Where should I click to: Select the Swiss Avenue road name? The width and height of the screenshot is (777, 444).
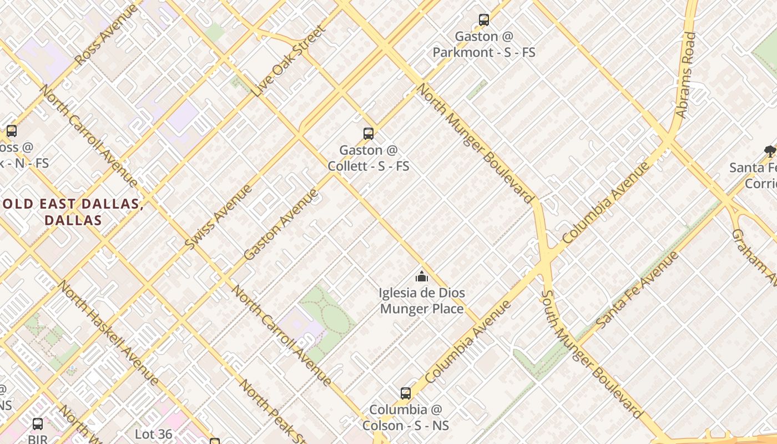tap(218, 217)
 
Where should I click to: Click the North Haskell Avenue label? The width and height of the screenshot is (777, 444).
tap(108, 333)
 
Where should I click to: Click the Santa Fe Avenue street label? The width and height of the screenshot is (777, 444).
tap(637, 290)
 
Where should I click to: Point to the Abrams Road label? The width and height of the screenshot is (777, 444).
tap(685, 75)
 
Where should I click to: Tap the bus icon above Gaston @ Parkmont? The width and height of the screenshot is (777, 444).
tap(484, 20)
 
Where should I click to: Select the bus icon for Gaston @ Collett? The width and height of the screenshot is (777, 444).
tap(369, 133)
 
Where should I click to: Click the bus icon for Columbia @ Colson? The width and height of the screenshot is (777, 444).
tap(406, 393)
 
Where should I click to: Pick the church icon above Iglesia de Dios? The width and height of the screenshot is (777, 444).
tap(422, 276)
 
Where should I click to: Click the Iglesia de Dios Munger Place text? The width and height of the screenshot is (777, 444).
tap(422, 301)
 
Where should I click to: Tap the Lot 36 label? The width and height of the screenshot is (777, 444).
tap(154, 434)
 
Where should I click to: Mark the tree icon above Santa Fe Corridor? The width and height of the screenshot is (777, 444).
tap(770, 150)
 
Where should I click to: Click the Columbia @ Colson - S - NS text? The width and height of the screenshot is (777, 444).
tap(406, 417)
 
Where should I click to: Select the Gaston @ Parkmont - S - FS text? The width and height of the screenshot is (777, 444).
tap(484, 44)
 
